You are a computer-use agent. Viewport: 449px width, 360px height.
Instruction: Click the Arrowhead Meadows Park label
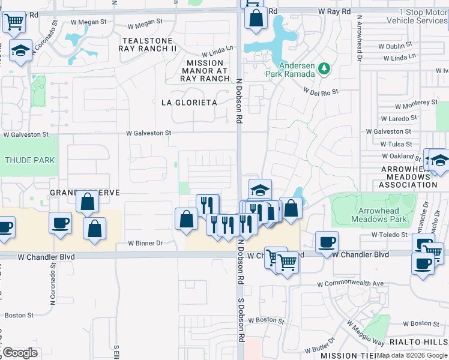(x=382, y=215)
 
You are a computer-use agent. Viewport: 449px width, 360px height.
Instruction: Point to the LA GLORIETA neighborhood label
(x=189, y=103)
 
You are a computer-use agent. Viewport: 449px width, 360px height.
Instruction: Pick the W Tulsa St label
(x=396, y=144)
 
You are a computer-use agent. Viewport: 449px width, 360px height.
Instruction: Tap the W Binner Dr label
(x=146, y=243)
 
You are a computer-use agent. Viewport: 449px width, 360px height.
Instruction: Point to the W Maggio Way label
(x=366, y=332)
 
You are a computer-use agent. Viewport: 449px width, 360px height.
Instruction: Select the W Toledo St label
(x=390, y=235)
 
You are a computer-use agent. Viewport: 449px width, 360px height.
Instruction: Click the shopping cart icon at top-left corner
(x=14, y=22)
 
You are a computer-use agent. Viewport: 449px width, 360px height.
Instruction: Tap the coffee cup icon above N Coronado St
(x=59, y=223)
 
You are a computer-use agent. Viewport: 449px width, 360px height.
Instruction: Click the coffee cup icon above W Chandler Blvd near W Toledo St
(x=327, y=242)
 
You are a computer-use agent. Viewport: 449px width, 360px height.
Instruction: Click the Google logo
(x=20, y=353)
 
